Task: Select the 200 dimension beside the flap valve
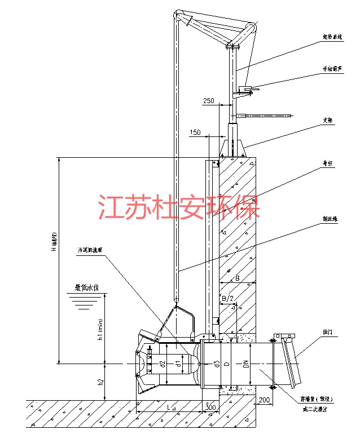click(263, 401)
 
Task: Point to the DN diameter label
click(246, 365)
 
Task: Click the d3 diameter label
click(216, 365)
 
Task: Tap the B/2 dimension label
click(227, 298)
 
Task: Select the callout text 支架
click(327, 121)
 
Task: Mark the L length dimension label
click(170, 407)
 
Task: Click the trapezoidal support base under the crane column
click(233, 148)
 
